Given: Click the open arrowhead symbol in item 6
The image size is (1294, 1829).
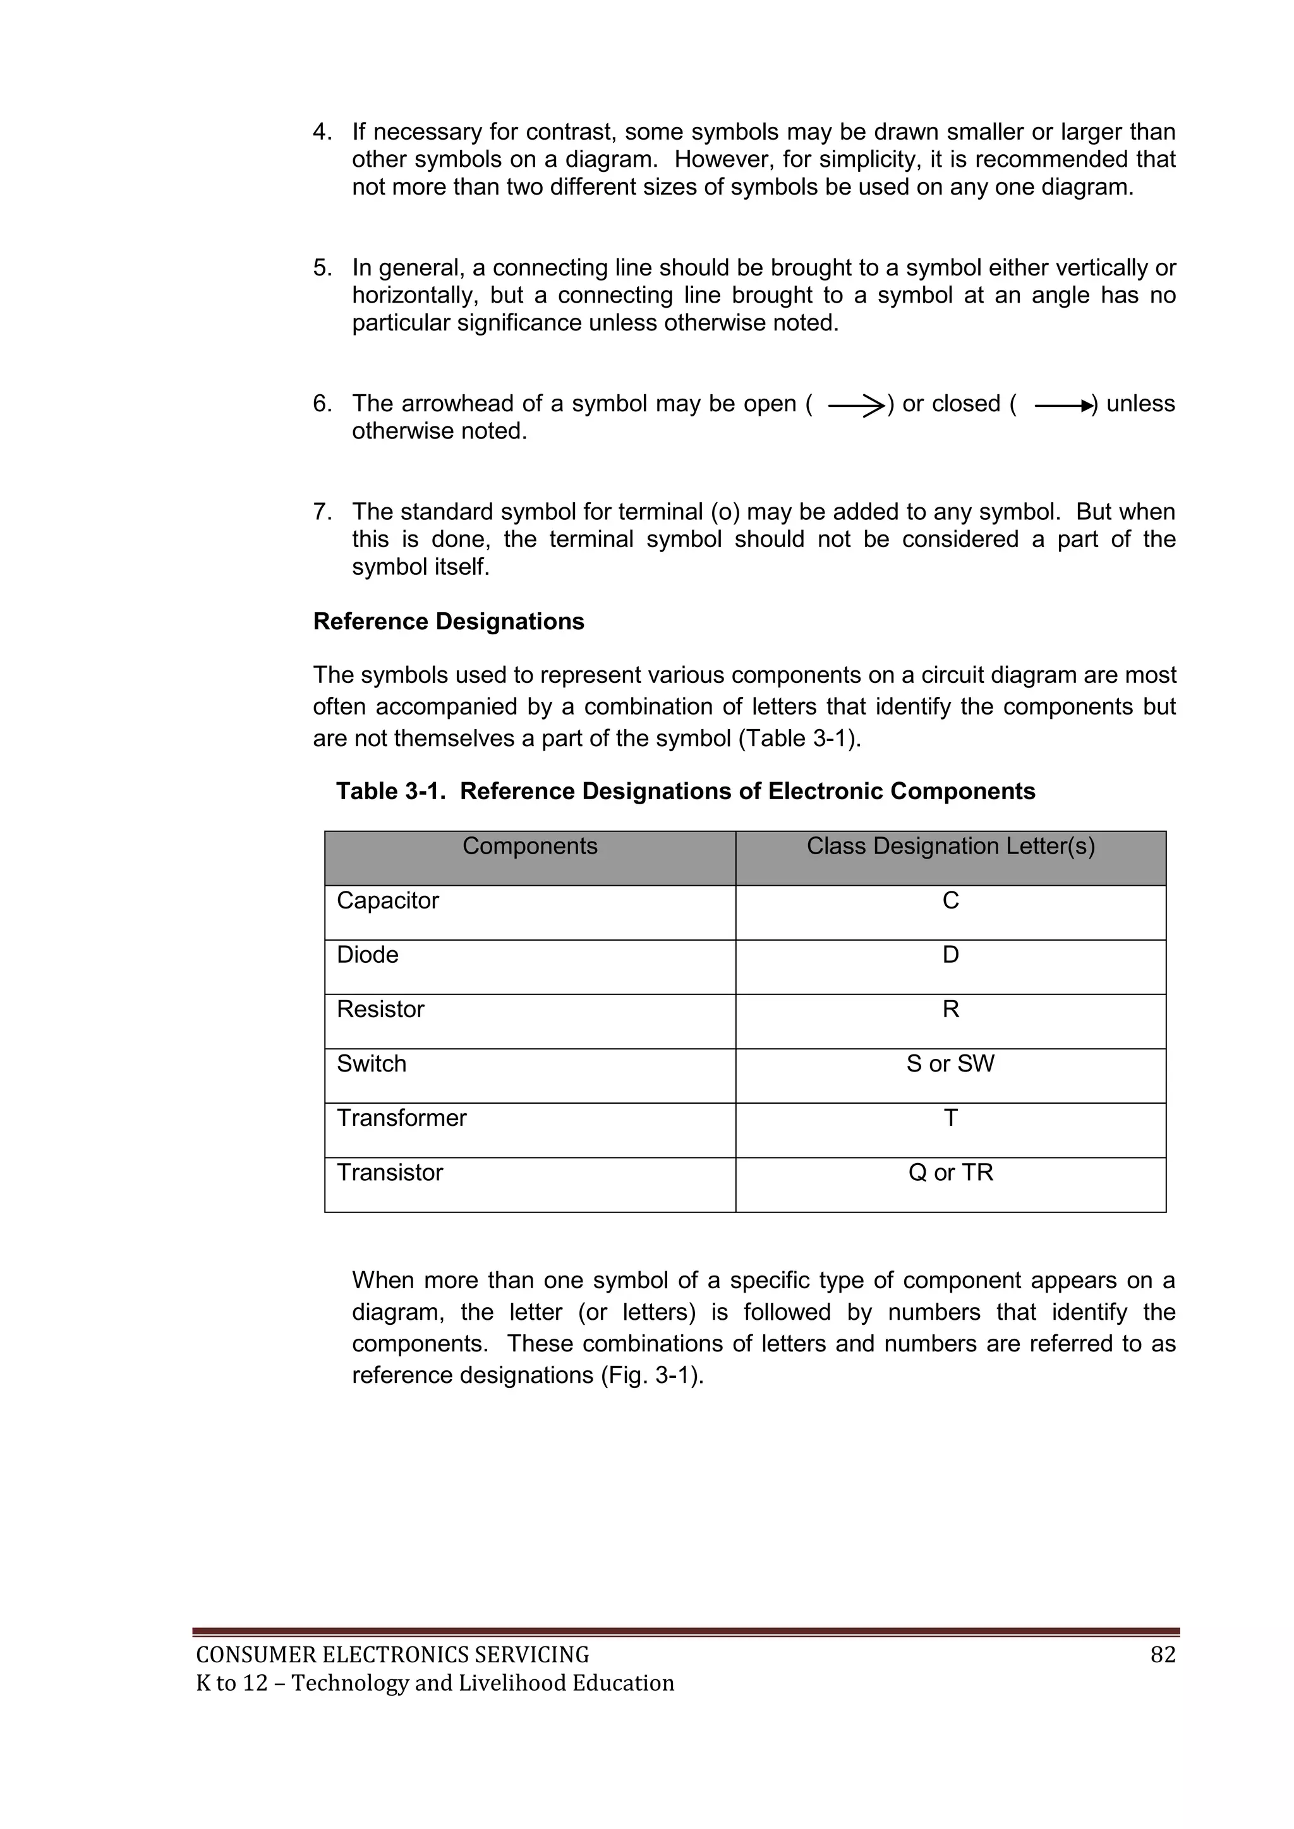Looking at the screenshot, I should coord(857,406).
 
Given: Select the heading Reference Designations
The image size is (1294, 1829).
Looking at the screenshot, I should coord(449,621).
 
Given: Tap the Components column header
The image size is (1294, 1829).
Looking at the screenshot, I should coord(530,846).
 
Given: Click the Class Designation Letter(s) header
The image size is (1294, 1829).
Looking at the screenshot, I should coord(950,846).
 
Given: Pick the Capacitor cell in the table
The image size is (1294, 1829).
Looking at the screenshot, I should coord(388,900).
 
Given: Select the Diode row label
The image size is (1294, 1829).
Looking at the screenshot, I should coord(367,955).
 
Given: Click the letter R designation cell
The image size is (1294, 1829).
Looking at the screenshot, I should coord(950,1010).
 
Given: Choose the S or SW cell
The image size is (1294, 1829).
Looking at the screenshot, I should coord(950,1063).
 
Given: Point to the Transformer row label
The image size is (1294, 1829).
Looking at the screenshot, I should coord(402,1118).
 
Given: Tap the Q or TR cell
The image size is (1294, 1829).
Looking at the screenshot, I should coord(950,1173).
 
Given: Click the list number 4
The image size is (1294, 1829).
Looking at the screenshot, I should coord(321,132).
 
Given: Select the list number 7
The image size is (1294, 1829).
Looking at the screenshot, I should coord(321,511).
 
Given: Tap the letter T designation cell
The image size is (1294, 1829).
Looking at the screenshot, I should coord(950,1118).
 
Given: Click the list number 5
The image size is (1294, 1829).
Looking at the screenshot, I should coord(321,268).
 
